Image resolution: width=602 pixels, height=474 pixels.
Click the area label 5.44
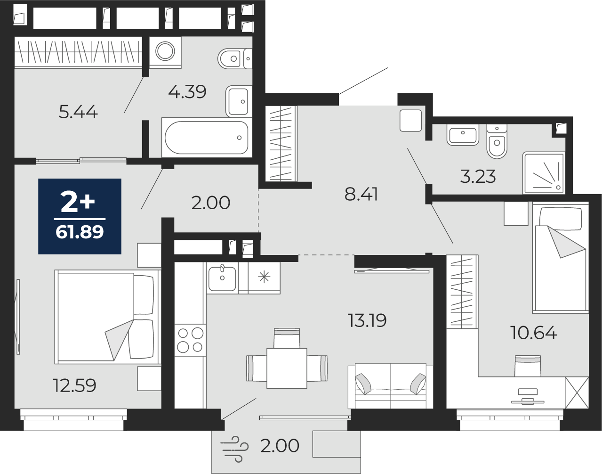pos(78,113)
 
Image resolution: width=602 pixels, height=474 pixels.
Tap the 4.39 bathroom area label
pos(187,91)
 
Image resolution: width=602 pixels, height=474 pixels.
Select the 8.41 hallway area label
pos(361,194)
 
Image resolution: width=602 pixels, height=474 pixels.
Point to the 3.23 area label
pos(478,176)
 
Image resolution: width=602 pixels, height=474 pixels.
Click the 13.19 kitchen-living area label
pos(367,320)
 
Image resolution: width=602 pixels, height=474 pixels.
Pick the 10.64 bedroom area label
pos(534,333)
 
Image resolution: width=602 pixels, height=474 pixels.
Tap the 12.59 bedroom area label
pos(75,385)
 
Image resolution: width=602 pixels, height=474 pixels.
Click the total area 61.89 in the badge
pos(80,232)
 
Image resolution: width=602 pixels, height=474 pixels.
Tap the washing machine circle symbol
pos(165,51)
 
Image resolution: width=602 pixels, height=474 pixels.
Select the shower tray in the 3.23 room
pos(544,172)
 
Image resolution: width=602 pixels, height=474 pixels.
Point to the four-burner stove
pos(190,340)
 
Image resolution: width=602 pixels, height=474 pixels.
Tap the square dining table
pos(287,368)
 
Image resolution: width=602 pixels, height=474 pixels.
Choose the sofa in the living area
pos(390,385)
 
